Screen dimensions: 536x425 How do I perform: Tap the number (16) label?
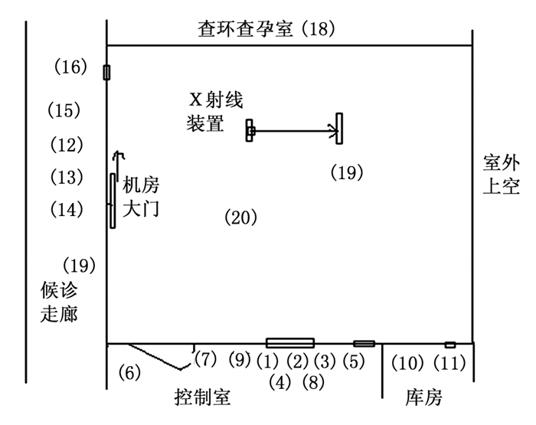tap(71, 67)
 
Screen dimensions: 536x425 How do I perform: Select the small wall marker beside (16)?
tap(106, 72)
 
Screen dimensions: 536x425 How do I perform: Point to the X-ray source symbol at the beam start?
tap(250, 130)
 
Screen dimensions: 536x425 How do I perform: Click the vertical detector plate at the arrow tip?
tap(339, 128)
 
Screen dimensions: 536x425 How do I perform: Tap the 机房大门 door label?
tap(142, 196)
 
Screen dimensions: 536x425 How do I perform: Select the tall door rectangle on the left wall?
tap(113, 201)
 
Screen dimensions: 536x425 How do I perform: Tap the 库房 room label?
tap(423, 397)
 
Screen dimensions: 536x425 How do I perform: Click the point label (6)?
tap(130, 373)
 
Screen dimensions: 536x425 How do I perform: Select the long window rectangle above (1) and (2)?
tap(289, 342)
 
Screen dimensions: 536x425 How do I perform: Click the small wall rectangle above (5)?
tap(364, 343)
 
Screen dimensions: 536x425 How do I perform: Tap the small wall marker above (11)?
tap(450, 345)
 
